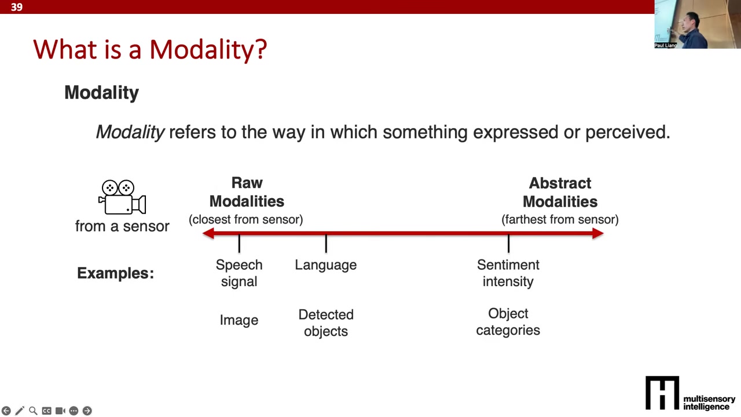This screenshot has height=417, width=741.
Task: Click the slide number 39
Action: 17,7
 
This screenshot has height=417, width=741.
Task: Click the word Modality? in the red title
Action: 208,50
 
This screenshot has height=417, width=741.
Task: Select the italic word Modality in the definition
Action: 130,133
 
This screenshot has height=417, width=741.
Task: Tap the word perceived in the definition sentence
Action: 628,133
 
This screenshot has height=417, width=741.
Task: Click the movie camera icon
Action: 122,197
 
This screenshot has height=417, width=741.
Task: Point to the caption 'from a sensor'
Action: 122,226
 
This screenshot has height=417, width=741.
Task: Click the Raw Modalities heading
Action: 247,192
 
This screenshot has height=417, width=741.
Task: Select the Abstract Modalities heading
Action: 560,192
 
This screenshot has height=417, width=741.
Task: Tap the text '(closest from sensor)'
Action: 246,220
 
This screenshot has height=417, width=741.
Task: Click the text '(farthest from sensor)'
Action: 560,220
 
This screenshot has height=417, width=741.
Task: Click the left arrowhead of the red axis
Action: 208,233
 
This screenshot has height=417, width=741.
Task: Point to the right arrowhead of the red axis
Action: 598,233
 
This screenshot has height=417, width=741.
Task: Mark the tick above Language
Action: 326,243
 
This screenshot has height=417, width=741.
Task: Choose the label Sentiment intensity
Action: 508,273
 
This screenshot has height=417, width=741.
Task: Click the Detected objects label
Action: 326,323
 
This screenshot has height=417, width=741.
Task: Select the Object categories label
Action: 508,321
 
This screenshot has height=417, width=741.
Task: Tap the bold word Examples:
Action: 115,273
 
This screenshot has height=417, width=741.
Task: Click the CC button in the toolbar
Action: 47,411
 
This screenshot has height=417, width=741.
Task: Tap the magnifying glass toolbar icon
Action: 33,411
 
